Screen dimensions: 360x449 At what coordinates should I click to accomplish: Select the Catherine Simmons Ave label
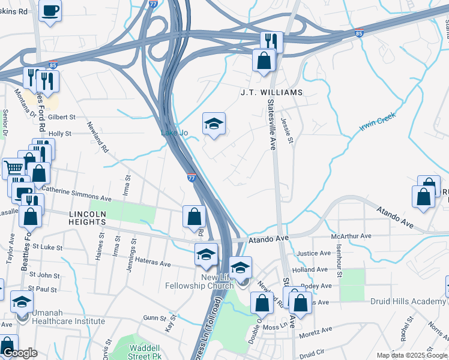(77, 197)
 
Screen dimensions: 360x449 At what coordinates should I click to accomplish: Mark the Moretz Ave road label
(315, 331)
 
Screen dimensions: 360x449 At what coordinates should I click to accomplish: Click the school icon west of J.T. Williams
(214, 124)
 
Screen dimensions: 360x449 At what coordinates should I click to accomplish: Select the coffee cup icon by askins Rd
(50, 10)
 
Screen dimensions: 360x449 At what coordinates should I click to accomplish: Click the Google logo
(20, 353)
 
